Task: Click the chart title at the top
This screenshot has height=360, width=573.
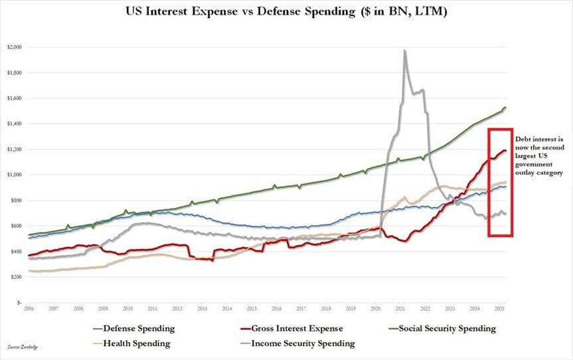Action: pos(286,13)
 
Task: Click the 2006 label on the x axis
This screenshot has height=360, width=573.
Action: pos(29,310)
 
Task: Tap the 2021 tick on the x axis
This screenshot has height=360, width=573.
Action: pos(401,310)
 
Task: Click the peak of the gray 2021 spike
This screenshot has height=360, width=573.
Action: pos(404,50)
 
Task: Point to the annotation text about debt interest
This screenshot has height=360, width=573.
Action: pos(538,155)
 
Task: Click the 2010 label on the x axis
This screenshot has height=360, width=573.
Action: pos(128,310)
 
